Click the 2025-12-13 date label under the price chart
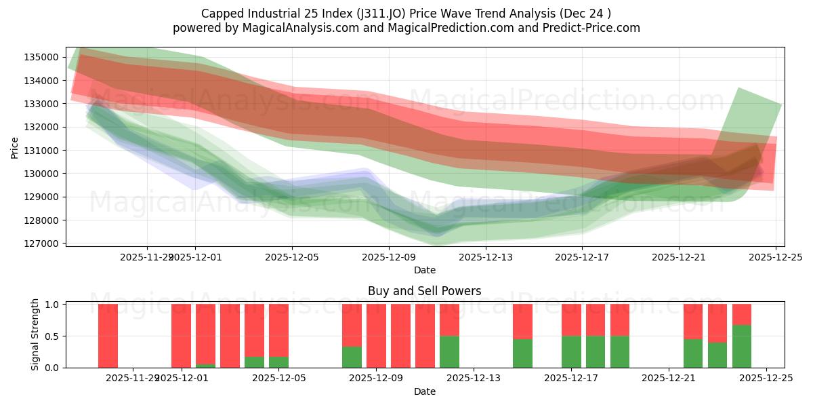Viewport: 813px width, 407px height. [486, 257]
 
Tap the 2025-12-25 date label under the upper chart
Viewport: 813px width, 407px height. [776, 257]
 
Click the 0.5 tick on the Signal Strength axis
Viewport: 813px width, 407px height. [52, 336]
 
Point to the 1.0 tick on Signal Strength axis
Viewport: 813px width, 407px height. [52, 305]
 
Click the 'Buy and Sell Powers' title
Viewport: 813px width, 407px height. [424, 291]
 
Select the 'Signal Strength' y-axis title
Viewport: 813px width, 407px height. [35, 334]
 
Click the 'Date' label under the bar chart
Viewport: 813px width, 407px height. [424, 391]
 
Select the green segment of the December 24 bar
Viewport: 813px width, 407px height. [742, 347]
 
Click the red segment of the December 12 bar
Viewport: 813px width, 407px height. [449, 319]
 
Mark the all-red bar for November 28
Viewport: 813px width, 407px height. [108, 336]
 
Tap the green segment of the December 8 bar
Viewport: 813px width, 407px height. [352, 357]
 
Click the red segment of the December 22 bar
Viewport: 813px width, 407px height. [693, 321]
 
